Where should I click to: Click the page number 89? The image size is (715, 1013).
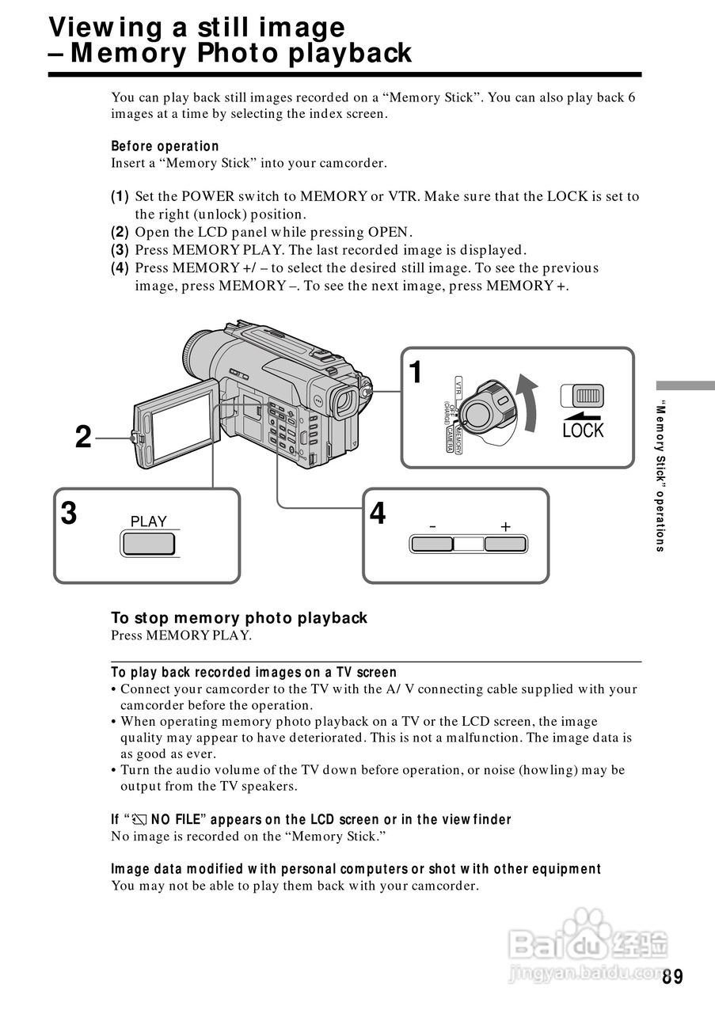tap(672, 977)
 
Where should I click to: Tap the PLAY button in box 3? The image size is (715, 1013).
tap(148, 544)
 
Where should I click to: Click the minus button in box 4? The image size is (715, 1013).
tap(431, 544)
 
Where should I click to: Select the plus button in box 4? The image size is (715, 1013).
tap(505, 544)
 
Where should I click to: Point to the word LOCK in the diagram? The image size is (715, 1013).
tap(583, 431)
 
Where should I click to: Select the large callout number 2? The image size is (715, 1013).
tap(83, 437)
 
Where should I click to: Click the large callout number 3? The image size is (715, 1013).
tap(70, 514)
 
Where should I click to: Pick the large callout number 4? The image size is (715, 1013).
tap(378, 514)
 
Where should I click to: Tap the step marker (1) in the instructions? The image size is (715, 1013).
tap(120, 196)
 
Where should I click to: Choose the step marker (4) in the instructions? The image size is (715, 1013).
tap(120, 268)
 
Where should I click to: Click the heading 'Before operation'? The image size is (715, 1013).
tap(165, 146)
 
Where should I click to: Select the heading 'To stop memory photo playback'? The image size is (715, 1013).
tap(238, 618)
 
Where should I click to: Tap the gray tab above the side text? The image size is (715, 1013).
tap(684, 385)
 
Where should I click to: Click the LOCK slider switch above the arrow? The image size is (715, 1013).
tap(582, 395)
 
